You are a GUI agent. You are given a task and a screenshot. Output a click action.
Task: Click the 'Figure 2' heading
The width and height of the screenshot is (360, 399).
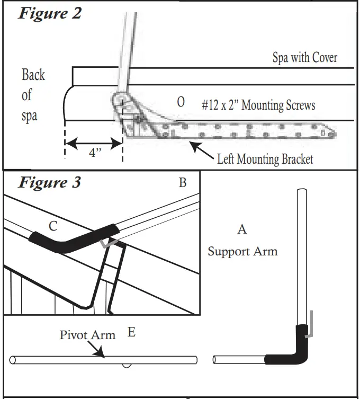50,13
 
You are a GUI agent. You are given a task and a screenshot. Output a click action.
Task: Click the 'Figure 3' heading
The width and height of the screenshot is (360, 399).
50,182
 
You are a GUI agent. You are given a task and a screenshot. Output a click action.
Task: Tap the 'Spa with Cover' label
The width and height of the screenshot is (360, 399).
305,58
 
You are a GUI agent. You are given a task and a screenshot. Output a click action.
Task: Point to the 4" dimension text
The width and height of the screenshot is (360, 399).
95,153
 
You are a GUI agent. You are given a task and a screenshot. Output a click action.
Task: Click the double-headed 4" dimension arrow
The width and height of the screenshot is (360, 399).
94,144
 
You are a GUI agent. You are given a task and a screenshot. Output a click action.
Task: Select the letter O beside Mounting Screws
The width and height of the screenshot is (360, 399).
181,102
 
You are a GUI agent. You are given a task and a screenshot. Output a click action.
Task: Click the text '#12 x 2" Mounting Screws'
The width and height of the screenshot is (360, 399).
258,105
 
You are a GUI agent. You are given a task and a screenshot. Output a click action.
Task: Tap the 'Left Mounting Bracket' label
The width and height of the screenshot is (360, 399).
265,159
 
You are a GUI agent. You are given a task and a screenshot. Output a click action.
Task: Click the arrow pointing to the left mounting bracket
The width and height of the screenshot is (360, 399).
202,151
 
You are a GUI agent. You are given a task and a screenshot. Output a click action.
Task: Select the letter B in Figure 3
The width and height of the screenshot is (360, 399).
183,182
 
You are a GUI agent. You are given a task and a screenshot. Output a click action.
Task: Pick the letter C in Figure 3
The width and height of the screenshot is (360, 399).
53,226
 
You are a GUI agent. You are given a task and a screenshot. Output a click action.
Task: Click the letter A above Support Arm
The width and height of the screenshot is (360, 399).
242,229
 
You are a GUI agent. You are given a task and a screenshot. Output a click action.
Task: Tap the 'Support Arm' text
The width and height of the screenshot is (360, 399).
242,251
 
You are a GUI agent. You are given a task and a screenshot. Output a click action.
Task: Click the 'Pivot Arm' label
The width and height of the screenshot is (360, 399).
87,335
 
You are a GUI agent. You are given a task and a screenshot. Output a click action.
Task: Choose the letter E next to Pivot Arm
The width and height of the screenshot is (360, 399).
131,332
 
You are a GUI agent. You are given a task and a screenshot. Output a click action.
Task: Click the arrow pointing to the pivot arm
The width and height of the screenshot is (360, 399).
96,349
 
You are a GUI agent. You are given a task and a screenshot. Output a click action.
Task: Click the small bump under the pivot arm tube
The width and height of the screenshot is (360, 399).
127,366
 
